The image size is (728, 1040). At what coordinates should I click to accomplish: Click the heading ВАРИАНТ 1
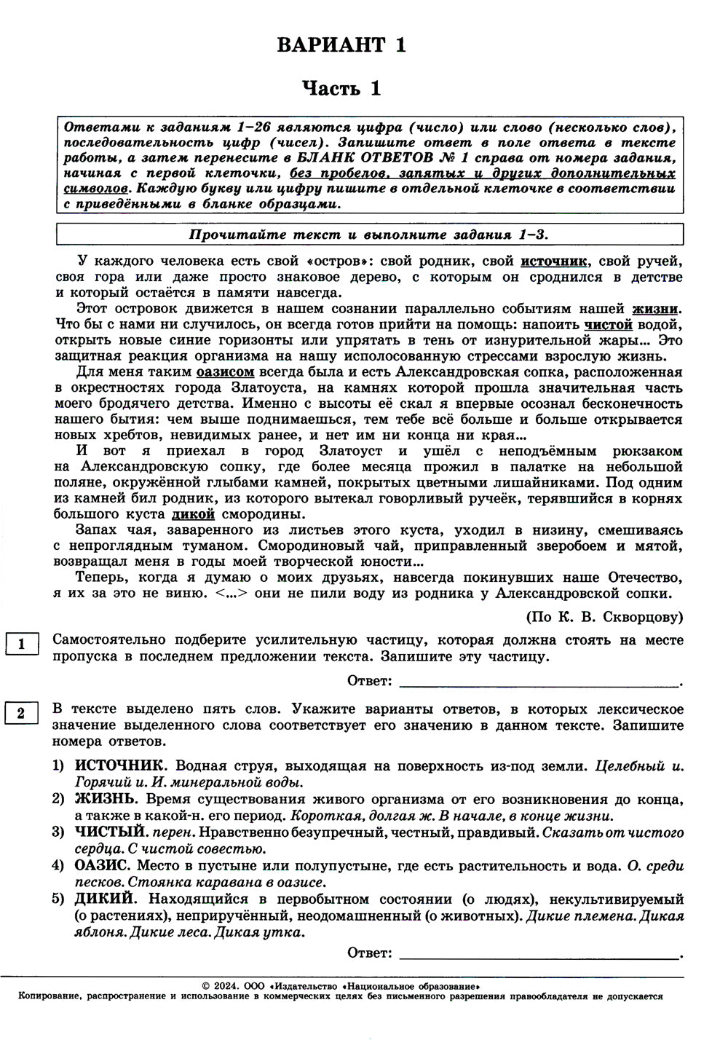coord(341,45)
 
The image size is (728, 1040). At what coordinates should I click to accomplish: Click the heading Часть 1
coord(341,89)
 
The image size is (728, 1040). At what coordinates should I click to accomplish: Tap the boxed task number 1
coord(21,644)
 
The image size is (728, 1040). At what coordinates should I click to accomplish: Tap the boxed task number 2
coord(21,713)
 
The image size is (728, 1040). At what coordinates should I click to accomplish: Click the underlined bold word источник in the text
coord(553,261)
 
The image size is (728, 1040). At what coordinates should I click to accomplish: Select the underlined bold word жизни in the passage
coord(655,308)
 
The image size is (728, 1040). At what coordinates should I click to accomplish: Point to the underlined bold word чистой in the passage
coord(608,324)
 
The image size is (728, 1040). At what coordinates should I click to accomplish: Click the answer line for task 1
coord(539,682)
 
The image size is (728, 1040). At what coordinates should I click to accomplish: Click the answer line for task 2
coord(539,953)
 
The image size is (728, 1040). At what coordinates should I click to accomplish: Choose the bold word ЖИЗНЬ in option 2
coord(105,799)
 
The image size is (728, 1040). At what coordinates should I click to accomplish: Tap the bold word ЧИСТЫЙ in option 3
coord(108,832)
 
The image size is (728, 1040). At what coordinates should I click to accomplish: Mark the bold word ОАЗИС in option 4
coord(103,866)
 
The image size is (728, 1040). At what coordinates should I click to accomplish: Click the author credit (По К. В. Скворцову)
coord(604,617)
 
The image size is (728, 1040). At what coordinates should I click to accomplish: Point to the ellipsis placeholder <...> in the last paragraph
coord(232,593)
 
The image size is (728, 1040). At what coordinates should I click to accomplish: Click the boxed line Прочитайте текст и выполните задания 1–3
coord(369,235)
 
